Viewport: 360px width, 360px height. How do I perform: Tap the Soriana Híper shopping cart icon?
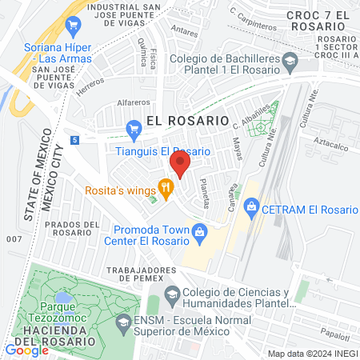(x=74, y=25)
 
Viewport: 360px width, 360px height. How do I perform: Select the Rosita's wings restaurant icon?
(x=166, y=190)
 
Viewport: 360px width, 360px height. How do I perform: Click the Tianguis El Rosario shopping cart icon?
(x=133, y=127)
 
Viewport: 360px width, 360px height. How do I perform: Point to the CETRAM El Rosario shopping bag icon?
(x=251, y=209)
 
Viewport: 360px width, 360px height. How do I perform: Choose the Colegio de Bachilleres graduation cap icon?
(x=290, y=60)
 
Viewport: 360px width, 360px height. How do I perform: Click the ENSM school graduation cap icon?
(x=122, y=323)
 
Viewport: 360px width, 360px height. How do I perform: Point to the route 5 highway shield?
(x=74, y=140)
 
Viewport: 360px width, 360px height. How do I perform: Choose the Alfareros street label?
(x=134, y=102)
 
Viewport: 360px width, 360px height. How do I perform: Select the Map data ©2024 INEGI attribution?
(x=311, y=354)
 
